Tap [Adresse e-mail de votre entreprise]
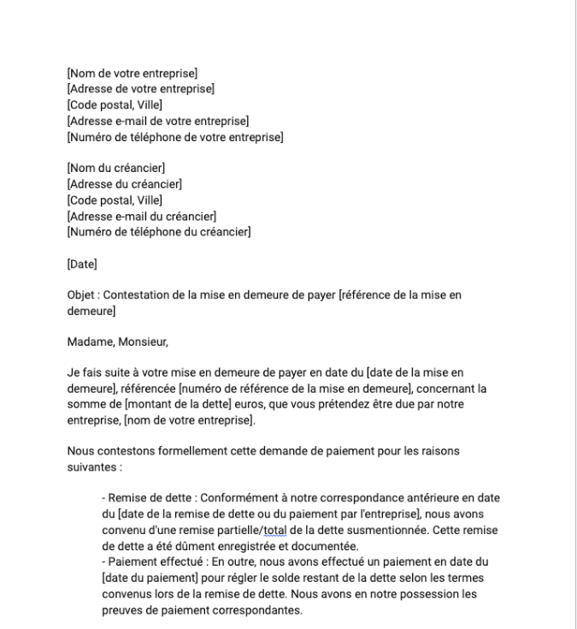(157, 121)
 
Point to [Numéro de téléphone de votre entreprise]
(174, 136)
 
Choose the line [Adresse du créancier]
(124, 182)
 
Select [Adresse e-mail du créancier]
(141, 214)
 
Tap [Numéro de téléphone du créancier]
(158, 229)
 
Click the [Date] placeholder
(82, 262)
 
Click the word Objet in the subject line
(81, 295)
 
